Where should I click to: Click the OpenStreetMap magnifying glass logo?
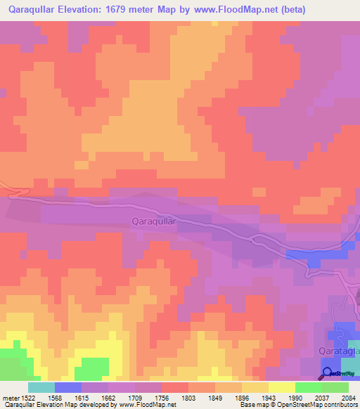click(326, 374)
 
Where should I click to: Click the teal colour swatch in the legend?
click(41, 387)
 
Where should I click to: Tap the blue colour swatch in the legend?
click(68, 387)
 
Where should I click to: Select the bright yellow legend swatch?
click(281, 387)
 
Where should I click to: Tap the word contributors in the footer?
click(338, 405)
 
